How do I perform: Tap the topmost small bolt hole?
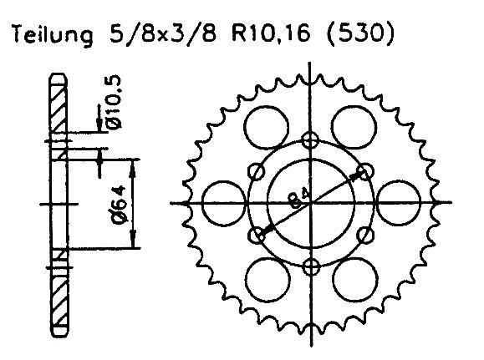[311, 139]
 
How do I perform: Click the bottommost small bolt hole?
[311, 267]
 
